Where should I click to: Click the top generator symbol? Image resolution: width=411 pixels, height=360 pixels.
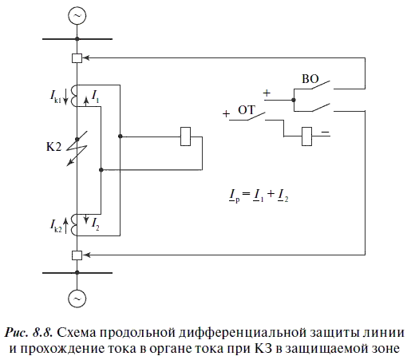tap(77, 15)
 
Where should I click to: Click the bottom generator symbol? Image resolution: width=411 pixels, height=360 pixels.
tap(77, 299)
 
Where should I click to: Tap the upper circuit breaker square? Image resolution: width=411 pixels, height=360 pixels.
tap(77, 58)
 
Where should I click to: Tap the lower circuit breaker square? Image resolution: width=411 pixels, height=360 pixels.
tap(77, 255)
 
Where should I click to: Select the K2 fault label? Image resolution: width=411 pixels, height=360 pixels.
tap(53, 147)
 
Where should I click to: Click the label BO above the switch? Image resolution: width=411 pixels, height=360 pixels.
tap(310, 79)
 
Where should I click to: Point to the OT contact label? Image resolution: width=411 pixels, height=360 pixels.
tap(247, 109)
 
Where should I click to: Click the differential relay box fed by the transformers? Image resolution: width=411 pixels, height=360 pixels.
tap(185, 136)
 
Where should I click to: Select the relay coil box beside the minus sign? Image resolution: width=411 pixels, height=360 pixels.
tap(306, 136)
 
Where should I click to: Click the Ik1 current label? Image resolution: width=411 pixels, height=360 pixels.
tap(56, 97)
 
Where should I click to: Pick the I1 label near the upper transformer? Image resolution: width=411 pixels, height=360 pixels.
tap(96, 97)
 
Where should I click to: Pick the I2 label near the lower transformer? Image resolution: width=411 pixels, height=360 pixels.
tap(96, 224)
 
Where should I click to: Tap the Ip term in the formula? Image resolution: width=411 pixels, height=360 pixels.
tap(235, 196)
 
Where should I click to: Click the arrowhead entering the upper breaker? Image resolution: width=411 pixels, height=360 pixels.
tap(85, 57)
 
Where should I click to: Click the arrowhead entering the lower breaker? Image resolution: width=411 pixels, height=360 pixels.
tap(85, 255)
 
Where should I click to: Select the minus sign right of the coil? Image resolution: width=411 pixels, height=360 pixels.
tap(325, 132)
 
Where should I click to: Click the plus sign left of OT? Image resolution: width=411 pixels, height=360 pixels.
tap(226, 114)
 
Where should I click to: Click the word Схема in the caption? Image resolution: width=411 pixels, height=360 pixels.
tap(76, 333)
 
